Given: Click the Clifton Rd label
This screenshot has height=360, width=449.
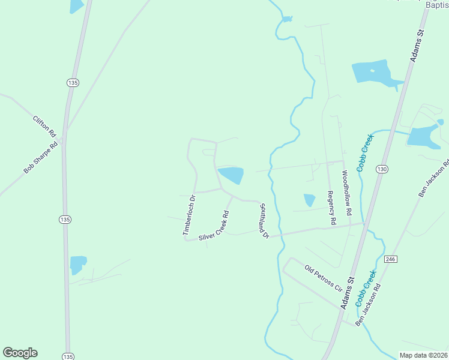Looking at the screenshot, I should pos(44,125).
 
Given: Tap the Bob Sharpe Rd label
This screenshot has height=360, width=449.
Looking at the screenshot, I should pos(41,157).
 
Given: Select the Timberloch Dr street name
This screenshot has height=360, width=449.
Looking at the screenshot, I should pos(189,215).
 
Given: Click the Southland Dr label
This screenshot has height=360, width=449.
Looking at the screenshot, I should pos(263,220).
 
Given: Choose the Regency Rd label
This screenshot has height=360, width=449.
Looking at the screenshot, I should pos(331,208).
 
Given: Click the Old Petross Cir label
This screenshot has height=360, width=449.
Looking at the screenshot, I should pos(322,277).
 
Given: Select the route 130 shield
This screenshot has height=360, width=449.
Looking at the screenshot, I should pos(382,170).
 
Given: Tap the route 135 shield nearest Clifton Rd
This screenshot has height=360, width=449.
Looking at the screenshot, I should pos(73,82).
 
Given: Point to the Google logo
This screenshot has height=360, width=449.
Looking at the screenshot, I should pos(20,353).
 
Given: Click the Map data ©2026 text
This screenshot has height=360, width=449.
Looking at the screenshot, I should pos(423,355).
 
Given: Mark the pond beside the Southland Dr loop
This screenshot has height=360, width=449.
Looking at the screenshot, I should pos(231,176).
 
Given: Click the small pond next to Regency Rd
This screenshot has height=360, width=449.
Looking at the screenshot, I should pos(309,200).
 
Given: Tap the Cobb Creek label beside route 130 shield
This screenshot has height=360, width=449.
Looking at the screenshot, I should pos(365,152).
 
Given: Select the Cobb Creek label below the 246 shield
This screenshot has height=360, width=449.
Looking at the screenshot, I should pos(365,288).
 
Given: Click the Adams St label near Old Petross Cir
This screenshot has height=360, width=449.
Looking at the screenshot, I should pos(348,293).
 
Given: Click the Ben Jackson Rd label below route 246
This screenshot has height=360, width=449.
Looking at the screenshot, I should pos(368,305).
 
